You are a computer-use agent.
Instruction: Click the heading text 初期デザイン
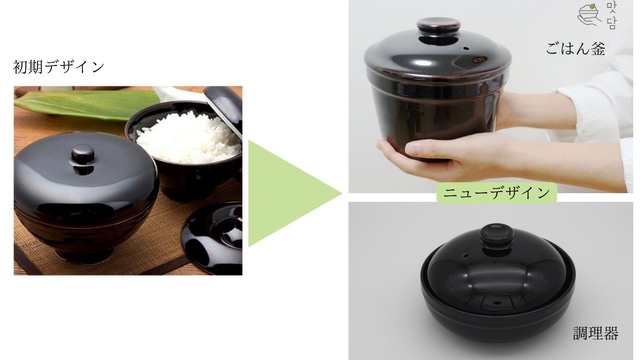pyautogui.click(x=59, y=67)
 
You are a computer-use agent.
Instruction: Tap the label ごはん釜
pyautogui.click(x=575, y=49)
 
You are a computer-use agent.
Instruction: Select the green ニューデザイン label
pyautogui.click(x=496, y=193)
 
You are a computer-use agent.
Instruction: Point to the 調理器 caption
pyautogui.click(x=596, y=333)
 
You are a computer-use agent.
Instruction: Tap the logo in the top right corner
pyautogui.click(x=597, y=16)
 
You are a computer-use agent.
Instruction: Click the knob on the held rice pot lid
pyautogui.click(x=438, y=27)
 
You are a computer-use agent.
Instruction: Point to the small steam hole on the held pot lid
pyautogui.click(x=466, y=48)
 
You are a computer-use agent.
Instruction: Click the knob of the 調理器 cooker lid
pyautogui.click(x=497, y=234)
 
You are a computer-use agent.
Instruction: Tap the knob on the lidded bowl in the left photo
pyautogui.click(x=83, y=156)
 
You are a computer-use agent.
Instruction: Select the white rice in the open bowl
pyautogui.click(x=189, y=138)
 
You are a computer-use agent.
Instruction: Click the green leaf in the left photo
pyautogui.click(x=87, y=104)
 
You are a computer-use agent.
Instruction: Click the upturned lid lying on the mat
pyautogui.click(x=211, y=237)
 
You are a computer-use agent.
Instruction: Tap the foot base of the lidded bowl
pyautogui.click(x=84, y=254)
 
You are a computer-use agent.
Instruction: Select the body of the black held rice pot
pyautogui.click(x=437, y=110)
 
